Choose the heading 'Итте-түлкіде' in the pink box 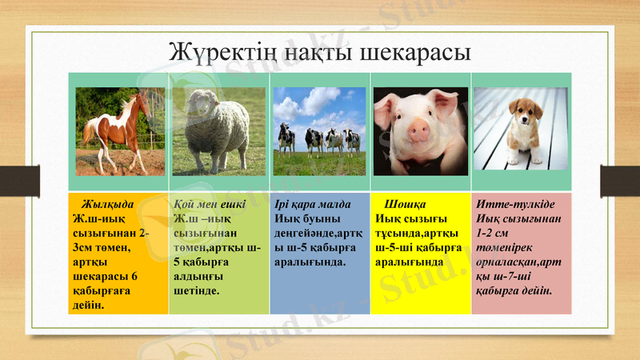(x=508, y=204)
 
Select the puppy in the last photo (x=524, y=131)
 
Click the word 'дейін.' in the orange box (x=87, y=305)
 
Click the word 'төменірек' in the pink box (x=503, y=247)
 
